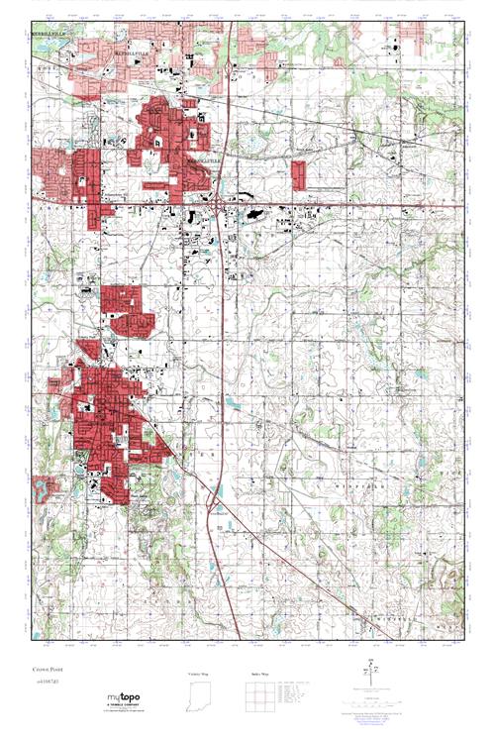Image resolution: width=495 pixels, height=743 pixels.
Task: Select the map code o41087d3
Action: point(44,683)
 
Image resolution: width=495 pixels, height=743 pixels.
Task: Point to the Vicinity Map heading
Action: point(199,675)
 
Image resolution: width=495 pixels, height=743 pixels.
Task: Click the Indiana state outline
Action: point(199,701)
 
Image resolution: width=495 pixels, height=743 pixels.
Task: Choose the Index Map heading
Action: point(258,675)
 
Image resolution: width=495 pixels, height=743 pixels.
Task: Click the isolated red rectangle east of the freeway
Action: point(300,175)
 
